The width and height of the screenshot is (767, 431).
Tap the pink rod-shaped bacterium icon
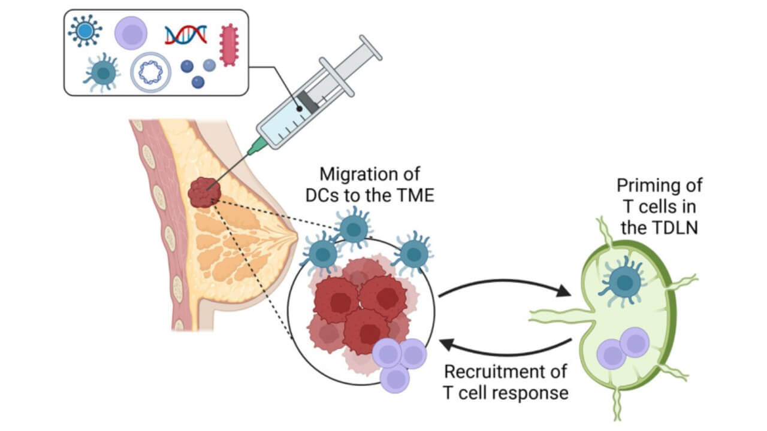(x=228, y=45)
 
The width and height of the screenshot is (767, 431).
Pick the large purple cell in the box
(x=131, y=34)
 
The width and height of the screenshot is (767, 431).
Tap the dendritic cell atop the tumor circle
(x=354, y=228)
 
